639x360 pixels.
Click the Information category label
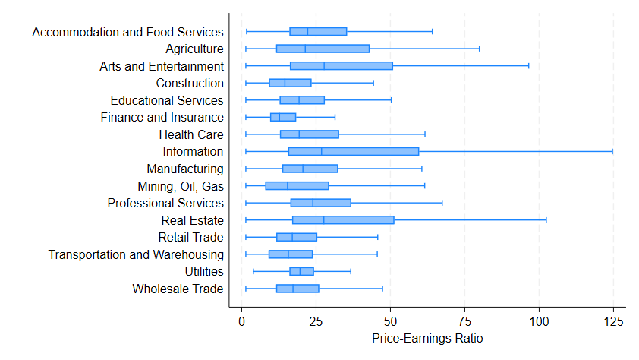click(193, 152)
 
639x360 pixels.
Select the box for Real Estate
click(343, 220)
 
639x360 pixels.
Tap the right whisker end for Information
click(612, 152)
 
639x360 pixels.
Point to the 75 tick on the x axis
click(464, 321)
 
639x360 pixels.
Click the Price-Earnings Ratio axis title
click(427, 339)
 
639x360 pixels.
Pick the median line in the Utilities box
click(300, 271)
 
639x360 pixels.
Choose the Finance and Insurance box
click(283, 117)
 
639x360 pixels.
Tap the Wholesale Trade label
click(178, 289)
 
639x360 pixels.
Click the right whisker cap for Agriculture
click(479, 49)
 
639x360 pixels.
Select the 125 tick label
click(613, 321)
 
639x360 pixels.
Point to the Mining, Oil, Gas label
click(181, 186)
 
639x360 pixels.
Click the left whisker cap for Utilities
click(253, 271)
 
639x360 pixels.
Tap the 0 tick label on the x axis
click(241, 321)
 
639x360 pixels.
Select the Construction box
click(290, 83)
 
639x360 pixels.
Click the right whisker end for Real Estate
click(546, 220)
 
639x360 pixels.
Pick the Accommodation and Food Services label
click(128, 32)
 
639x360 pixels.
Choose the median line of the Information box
click(322, 152)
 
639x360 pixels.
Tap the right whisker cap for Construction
click(373, 83)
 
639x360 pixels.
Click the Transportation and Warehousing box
click(291, 254)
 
